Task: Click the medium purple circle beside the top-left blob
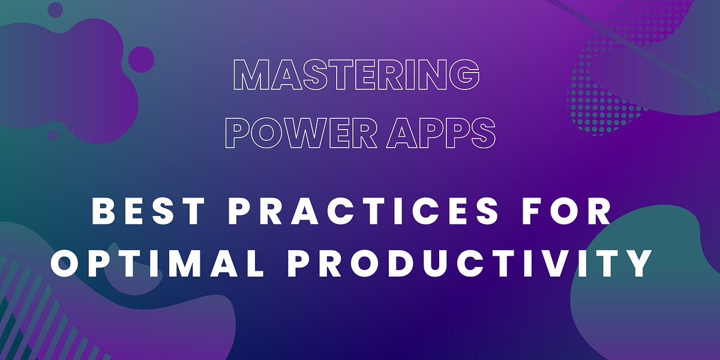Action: coord(141,59)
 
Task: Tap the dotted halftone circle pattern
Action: coord(606,90)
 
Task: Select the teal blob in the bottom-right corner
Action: coord(654,288)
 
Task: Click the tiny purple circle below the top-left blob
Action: coord(53,135)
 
